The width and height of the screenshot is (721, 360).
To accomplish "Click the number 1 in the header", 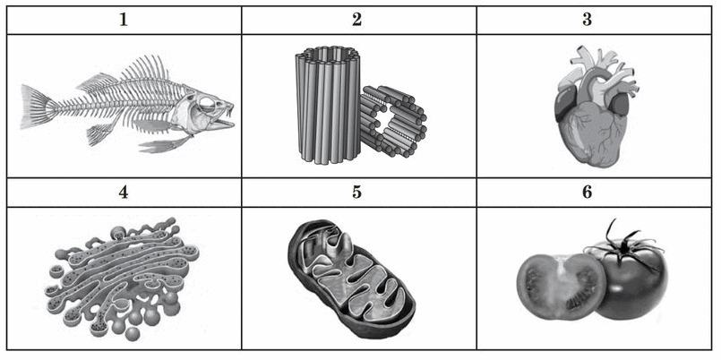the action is pos(124,21).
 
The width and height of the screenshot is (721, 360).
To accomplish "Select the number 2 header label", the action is pos(356,21).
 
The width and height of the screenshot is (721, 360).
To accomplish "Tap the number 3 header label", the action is pos(588,21).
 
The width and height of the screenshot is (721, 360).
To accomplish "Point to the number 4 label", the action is pos(124,193).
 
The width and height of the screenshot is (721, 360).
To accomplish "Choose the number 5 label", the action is pos(356,193).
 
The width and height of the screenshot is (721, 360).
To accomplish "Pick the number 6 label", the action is pos(588,193).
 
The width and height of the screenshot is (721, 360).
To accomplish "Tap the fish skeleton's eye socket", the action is pos(206,103).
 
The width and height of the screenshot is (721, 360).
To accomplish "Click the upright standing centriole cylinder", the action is pos(328,105).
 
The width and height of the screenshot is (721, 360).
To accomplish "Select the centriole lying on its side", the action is pos(392,121).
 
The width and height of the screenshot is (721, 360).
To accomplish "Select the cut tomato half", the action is pos(561,286).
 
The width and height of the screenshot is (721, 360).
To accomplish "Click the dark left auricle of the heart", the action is pos(564,104).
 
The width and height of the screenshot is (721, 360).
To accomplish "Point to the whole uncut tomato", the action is pos(632,280).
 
